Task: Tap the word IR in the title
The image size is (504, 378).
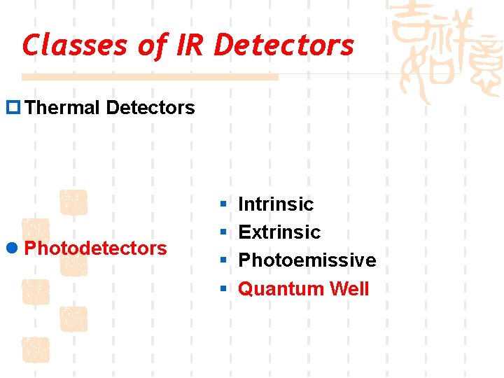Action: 190,45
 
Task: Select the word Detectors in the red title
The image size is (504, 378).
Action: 284,45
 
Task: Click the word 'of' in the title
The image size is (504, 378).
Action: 151,45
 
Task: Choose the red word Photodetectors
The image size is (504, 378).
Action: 95,248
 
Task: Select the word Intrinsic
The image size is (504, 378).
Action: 276,204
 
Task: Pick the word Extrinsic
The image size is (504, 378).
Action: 279,232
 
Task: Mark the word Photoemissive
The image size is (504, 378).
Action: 307,260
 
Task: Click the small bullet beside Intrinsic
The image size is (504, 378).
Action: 222,204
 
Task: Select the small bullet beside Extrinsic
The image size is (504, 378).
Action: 222,232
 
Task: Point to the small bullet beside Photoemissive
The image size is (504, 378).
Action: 222,260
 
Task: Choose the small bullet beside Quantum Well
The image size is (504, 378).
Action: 222,288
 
